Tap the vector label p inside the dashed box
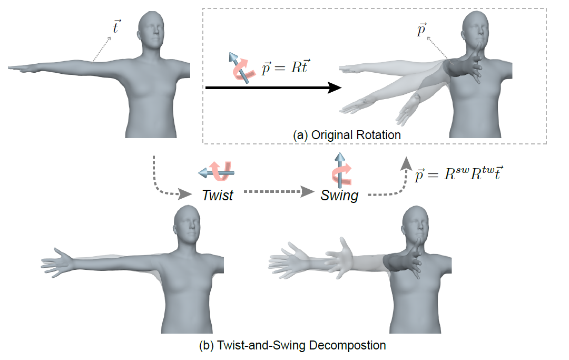point(420,31)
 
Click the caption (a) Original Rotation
point(347,135)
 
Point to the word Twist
point(218,195)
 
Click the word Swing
point(339,196)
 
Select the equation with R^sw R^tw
point(456,173)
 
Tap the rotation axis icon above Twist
point(216,170)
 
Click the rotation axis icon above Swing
point(340,168)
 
